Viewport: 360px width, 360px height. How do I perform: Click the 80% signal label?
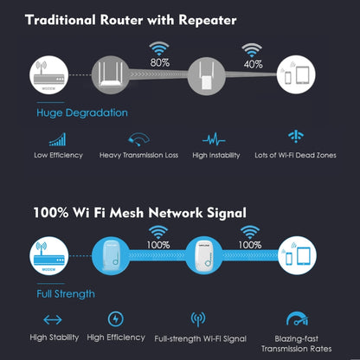[159, 63]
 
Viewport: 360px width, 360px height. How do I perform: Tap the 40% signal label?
[252, 63]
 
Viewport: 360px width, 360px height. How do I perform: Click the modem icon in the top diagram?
[51, 74]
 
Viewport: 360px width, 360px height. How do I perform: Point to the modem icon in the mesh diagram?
[51, 255]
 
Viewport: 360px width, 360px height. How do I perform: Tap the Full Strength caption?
[66, 293]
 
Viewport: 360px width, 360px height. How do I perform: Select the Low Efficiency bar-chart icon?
[59, 138]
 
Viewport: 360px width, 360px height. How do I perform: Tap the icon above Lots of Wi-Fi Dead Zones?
[295, 137]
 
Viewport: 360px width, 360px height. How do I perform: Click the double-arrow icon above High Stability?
[53, 318]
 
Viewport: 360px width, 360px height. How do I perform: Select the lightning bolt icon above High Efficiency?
[115, 318]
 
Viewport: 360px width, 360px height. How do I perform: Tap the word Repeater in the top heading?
[201, 18]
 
